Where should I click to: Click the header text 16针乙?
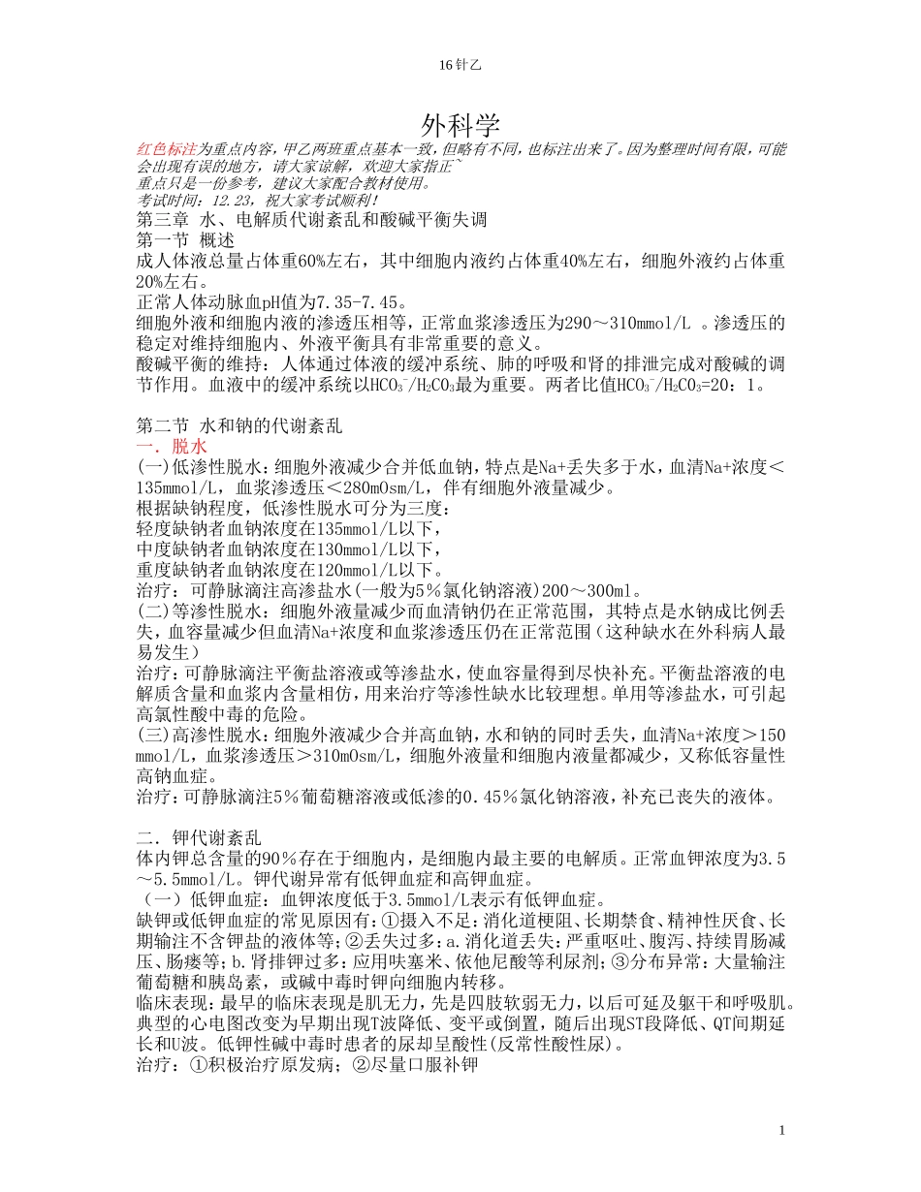tap(460, 65)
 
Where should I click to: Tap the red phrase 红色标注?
tap(167, 149)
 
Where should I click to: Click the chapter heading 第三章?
tap(161, 220)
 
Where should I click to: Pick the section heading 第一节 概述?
tap(185, 239)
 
